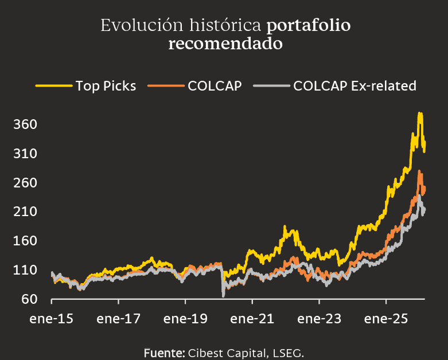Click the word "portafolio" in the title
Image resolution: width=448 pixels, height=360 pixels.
pyautogui.click(x=309, y=26)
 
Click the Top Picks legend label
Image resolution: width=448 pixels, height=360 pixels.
pyautogui.click(x=106, y=86)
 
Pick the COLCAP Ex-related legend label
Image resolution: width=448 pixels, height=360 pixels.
pyautogui.click(x=354, y=86)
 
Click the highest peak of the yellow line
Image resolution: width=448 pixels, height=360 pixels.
pyautogui.click(x=420, y=114)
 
